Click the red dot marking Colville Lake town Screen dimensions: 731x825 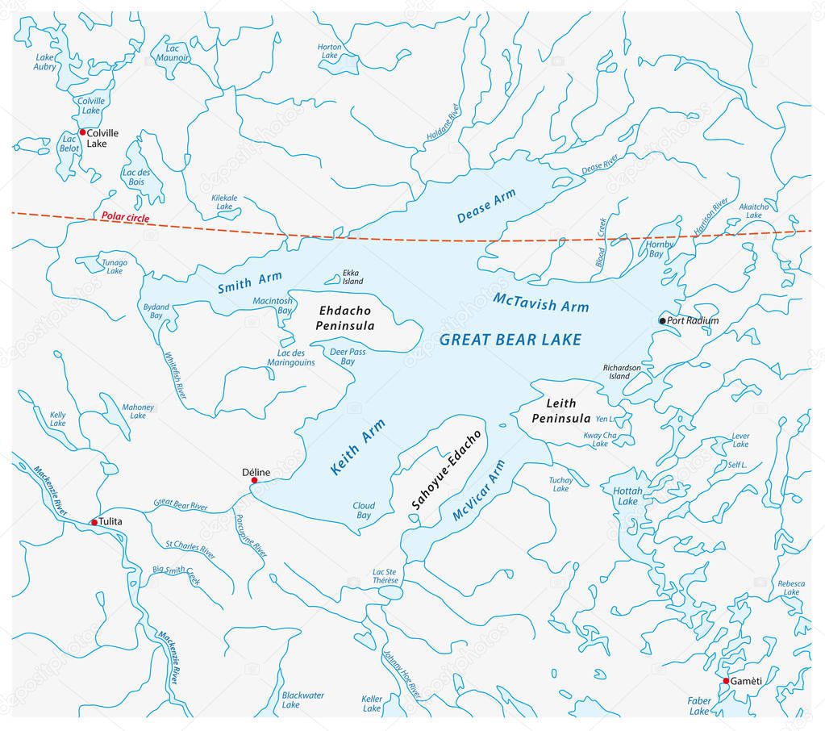[x=82, y=132]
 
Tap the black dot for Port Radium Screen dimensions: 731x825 [x=663, y=320]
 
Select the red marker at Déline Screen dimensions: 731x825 [x=254, y=480]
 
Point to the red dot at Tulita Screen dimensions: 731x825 [x=94, y=522]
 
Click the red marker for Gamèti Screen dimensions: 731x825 [x=726, y=681]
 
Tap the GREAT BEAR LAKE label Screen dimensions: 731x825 [x=510, y=340]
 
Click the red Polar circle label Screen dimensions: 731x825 [x=125, y=217]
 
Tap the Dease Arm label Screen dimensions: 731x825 [x=485, y=206]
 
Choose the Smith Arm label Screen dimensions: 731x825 [x=249, y=282]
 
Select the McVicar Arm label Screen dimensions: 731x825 [x=478, y=493]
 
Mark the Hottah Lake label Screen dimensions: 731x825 [x=626, y=495]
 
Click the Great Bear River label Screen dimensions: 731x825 [x=180, y=506]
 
